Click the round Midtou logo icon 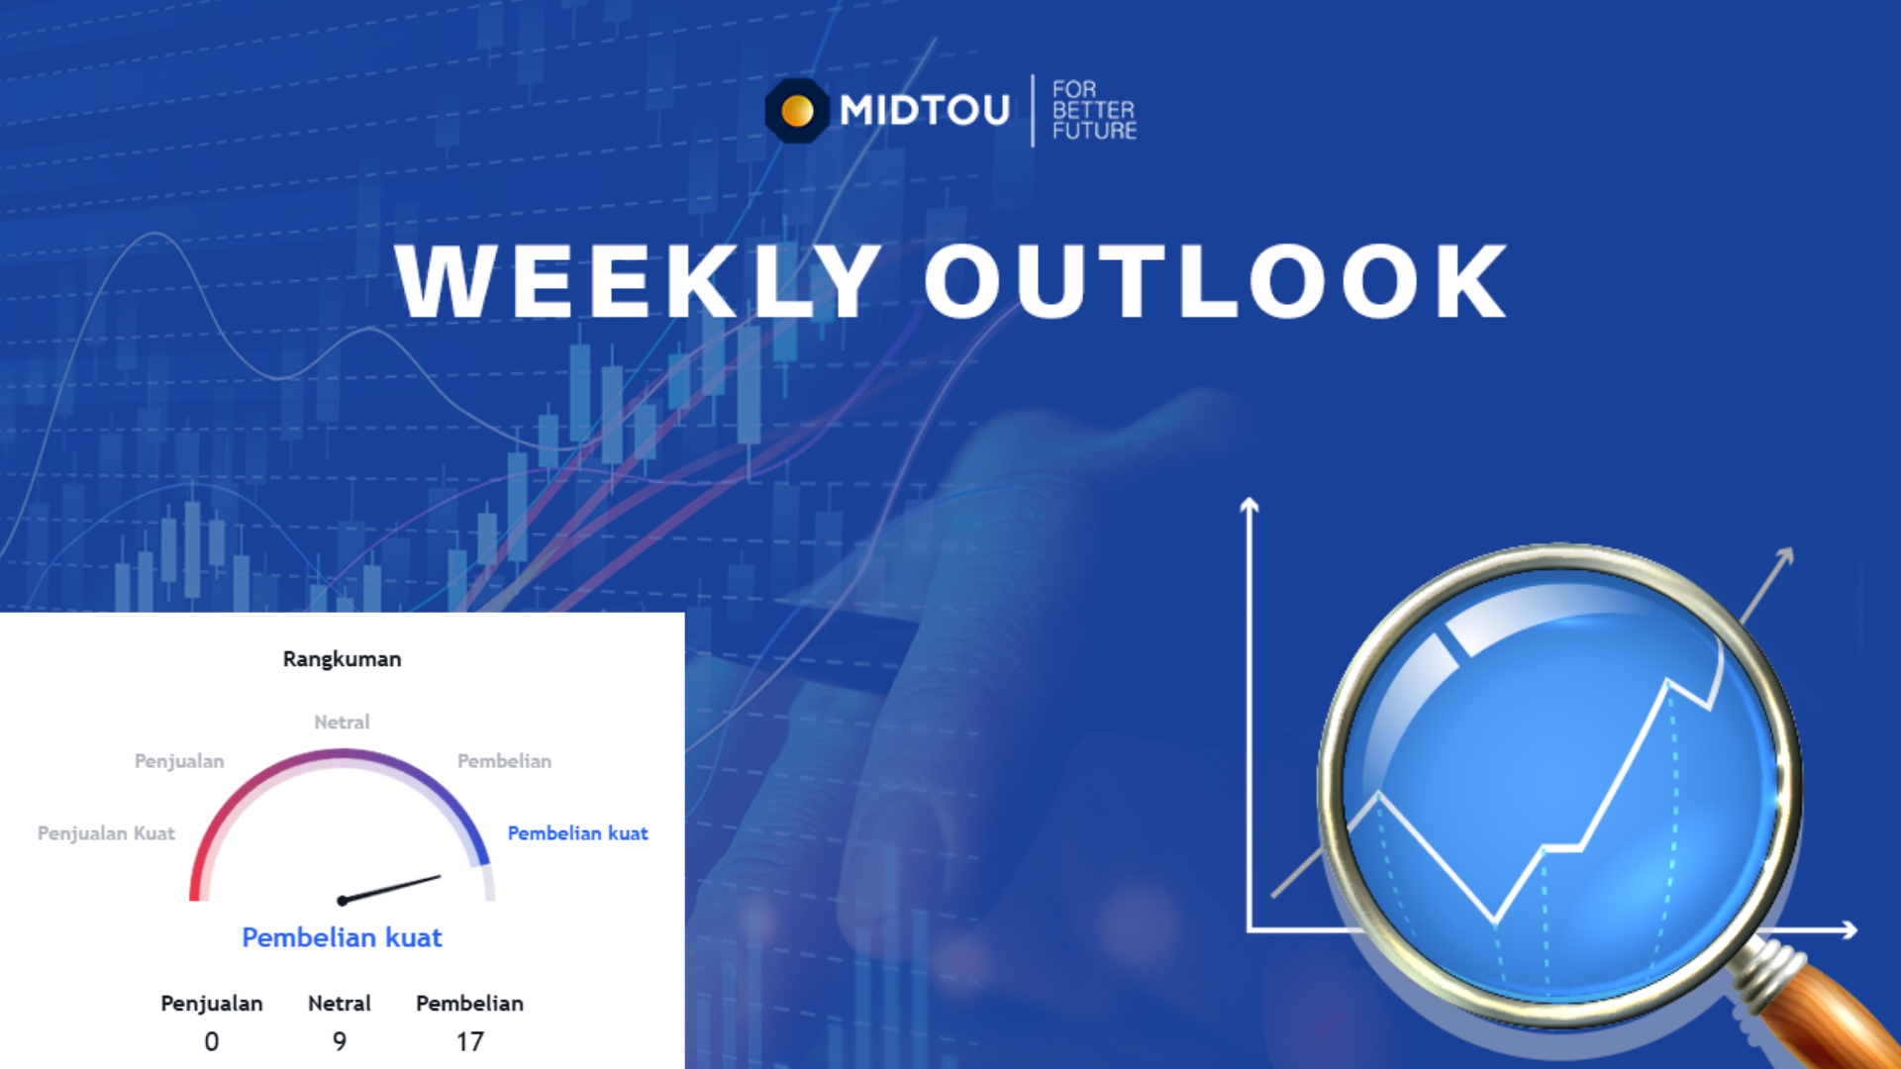797,110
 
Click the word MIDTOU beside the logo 925,110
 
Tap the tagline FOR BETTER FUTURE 1094,110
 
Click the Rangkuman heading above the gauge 342,659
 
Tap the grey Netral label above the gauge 342,723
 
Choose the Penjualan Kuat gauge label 106,833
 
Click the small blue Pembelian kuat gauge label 578,833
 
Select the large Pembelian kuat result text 342,937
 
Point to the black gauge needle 389,888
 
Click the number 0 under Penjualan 212,1041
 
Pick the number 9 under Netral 340,1041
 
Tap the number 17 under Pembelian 470,1041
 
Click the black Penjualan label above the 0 212,1004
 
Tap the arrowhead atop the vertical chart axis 1250,505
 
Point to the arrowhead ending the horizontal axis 1849,929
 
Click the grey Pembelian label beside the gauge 505,761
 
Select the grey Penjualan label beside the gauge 179,761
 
